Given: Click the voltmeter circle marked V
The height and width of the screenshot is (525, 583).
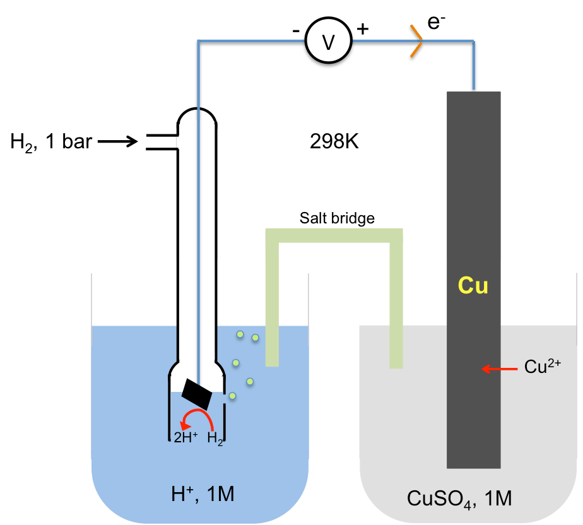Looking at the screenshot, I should [327, 42].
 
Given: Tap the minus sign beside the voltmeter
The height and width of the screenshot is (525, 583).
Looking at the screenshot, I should [295, 29].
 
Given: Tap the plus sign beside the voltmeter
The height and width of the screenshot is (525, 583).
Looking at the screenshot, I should [363, 28].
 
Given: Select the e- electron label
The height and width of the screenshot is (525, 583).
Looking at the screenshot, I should [437, 23].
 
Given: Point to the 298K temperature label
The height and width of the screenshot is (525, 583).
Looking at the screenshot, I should [334, 142].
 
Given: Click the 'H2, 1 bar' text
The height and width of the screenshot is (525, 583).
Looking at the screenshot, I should [51, 142].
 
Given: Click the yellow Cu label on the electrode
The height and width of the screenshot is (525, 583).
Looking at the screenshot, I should [473, 286].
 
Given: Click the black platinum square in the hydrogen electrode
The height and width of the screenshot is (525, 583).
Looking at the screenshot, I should [197, 394].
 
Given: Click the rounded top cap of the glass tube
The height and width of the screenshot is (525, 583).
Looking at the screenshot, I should [197, 115].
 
